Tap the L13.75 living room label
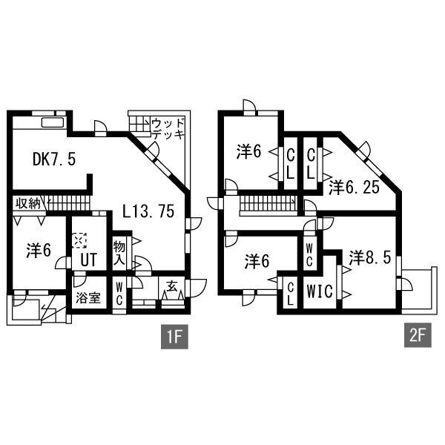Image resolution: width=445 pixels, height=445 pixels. coord(148,211)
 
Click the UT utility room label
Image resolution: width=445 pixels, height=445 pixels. coord(89,260)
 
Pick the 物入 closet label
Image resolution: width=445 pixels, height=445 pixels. coord(119,252)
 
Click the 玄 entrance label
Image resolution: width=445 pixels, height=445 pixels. coord(171,286)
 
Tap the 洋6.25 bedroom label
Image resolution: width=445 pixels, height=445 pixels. coord(355,186)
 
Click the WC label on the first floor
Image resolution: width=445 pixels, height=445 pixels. coord(119,294)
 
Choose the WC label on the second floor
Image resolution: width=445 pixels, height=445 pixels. coord(309,254)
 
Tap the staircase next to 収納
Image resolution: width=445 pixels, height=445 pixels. coord(67,200)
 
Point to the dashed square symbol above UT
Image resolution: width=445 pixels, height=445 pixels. coord(81,241)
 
